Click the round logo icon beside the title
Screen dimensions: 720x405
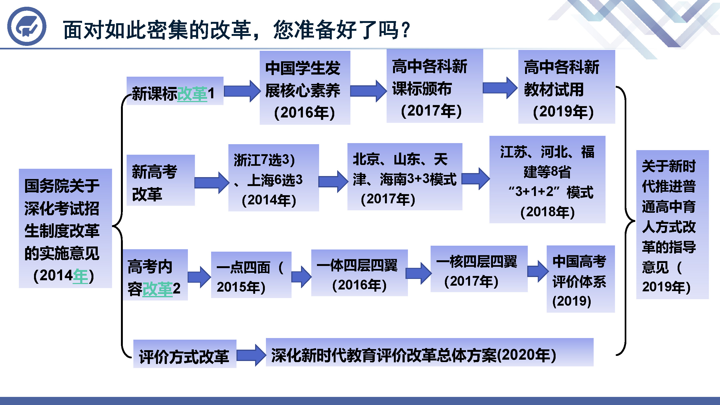click(x=27, y=26)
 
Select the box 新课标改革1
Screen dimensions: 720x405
click(x=175, y=91)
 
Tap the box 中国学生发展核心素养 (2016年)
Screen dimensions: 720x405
click(x=305, y=87)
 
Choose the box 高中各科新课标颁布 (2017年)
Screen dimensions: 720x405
click(x=435, y=86)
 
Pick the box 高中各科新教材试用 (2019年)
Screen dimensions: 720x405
click(x=567, y=87)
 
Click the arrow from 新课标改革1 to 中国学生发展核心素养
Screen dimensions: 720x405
click(x=242, y=91)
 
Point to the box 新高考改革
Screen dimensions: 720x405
click(x=161, y=180)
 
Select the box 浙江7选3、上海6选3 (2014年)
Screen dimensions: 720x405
click(x=274, y=178)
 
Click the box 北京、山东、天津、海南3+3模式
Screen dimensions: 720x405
click(x=405, y=177)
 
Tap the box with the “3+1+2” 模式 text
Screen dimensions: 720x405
click(x=547, y=180)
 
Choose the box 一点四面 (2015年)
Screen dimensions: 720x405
click(x=251, y=275)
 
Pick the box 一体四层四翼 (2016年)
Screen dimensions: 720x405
click(x=359, y=273)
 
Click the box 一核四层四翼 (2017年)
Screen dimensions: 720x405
click(x=479, y=269)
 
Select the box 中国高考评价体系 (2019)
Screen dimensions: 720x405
click(x=581, y=279)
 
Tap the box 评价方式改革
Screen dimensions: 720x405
click(x=185, y=354)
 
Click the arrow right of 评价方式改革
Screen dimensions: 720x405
click(x=251, y=355)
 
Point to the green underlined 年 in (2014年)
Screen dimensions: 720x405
click(x=80, y=276)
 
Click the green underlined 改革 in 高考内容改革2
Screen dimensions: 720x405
click(x=157, y=289)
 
